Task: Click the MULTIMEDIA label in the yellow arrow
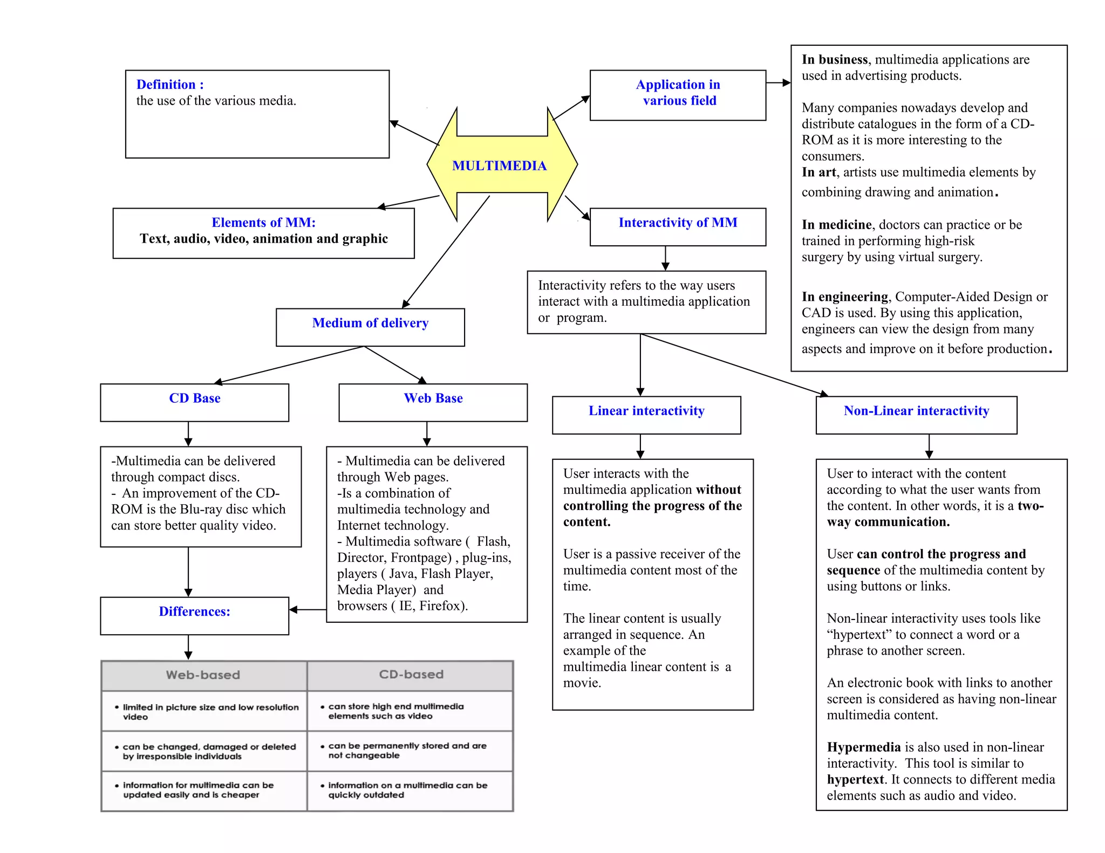coord(499,166)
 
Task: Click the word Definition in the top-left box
coord(166,85)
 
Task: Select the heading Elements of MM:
coord(263,223)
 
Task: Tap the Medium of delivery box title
coord(370,323)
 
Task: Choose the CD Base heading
coord(195,398)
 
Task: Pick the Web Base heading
coord(433,398)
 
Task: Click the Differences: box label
coord(194,611)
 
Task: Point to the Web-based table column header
coord(203,675)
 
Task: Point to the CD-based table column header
coord(411,675)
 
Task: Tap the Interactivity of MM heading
coord(678,223)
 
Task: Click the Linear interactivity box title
coord(646,411)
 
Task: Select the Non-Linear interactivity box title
coord(916,411)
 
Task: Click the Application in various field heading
coord(678,93)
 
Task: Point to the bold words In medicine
coord(836,225)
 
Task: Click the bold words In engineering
coord(844,297)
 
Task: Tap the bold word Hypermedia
coord(863,747)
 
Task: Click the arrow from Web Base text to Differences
coord(308,610)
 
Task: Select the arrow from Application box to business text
coord(778,83)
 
